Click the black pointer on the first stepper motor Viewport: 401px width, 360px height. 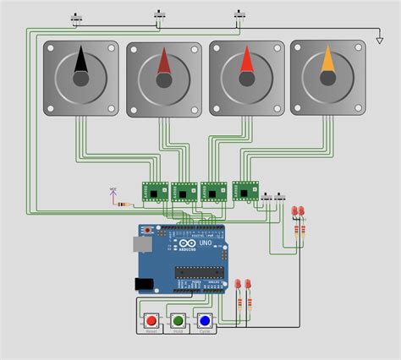(x=81, y=62)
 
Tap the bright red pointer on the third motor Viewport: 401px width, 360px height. (x=246, y=63)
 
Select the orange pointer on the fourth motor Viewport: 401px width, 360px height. (x=328, y=62)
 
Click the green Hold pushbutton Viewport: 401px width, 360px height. (x=178, y=321)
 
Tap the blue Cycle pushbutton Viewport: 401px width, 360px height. (x=204, y=321)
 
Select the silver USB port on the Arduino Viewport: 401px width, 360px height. (x=141, y=244)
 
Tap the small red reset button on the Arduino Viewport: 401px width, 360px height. (x=149, y=230)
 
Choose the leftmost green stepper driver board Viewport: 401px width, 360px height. (x=156, y=192)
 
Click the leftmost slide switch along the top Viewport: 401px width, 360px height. (x=79, y=17)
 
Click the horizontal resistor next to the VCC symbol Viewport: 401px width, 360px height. (x=126, y=204)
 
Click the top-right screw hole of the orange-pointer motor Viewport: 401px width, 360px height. (x=360, y=49)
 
